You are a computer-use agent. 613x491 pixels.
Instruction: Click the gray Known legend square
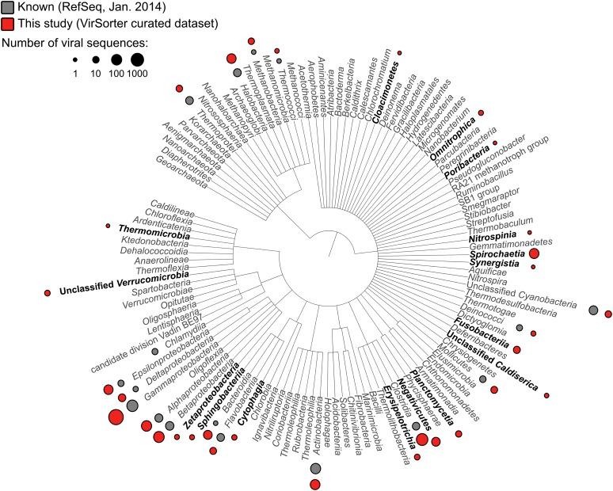pos(8,8)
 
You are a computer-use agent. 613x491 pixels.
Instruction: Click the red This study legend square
pos(8,24)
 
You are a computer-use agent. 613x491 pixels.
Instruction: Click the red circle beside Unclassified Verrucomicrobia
pos(48,293)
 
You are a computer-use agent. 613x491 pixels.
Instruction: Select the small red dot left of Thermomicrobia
pos(108,226)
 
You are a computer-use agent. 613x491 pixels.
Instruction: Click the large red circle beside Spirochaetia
pos(534,253)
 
